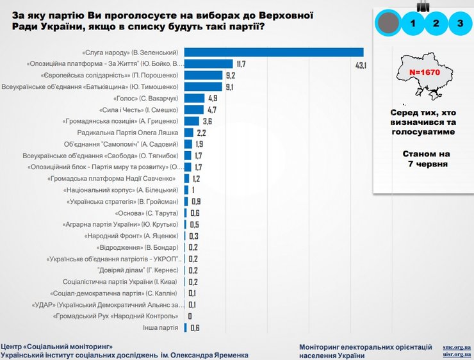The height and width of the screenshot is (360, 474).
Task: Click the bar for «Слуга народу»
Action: (274, 53)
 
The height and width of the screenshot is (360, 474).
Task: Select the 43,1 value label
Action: (361, 65)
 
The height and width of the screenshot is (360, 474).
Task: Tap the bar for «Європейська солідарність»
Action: (203, 76)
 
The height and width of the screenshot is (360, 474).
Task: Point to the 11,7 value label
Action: (241, 64)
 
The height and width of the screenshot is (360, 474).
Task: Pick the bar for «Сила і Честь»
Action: (193, 110)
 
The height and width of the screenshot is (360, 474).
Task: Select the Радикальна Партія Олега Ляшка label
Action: (132, 133)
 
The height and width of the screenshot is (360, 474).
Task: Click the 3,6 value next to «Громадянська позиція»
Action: (208, 121)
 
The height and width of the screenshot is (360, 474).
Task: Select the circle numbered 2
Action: (436, 24)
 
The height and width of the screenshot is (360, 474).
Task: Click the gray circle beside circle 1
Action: (389, 24)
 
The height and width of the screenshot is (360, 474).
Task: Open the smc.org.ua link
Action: (457, 347)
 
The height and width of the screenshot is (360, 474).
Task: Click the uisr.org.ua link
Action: (457, 354)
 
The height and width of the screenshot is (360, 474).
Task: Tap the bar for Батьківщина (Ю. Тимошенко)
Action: (203, 87)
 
